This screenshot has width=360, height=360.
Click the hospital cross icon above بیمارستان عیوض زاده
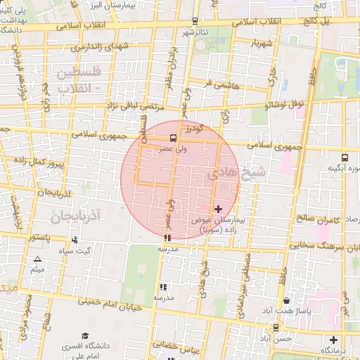(x=218, y=209)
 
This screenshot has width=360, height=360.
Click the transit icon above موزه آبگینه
(x=345, y=157)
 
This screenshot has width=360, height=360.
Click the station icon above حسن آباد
(x=276, y=327)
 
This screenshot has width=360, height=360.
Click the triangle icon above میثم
(x=37, y=259)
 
